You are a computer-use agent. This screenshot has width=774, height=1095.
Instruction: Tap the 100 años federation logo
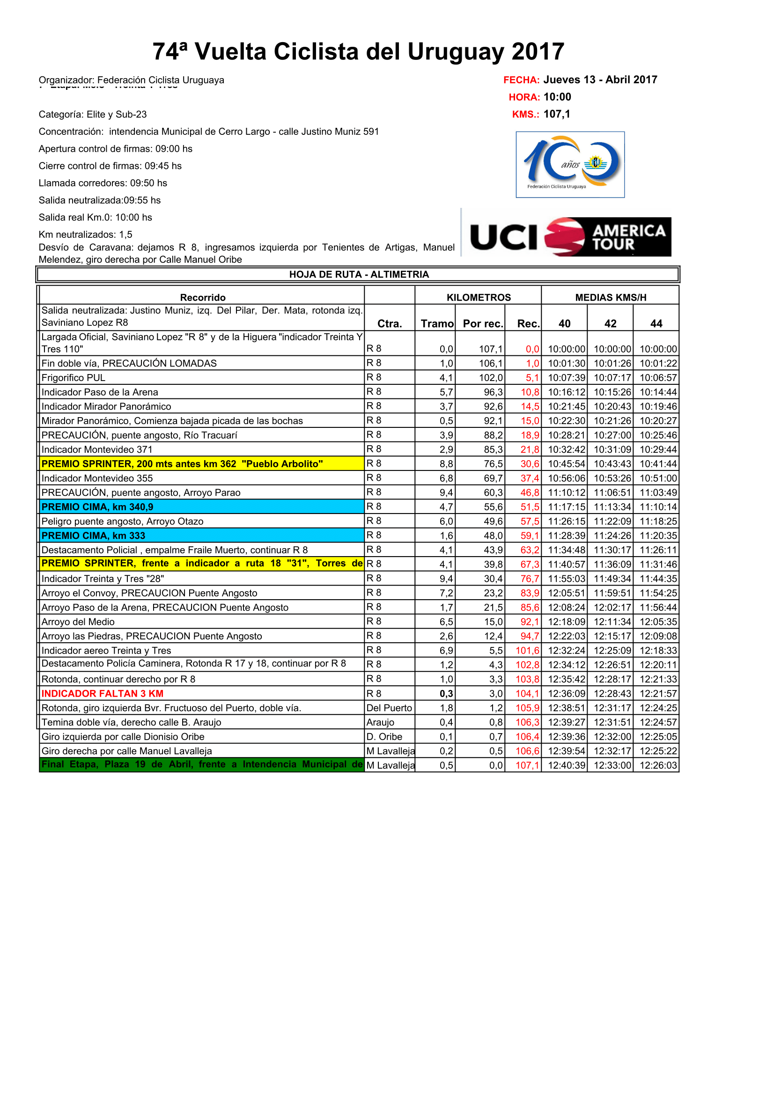[x=570, y=164]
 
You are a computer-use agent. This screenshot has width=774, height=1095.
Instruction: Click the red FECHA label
[x=521, y=80]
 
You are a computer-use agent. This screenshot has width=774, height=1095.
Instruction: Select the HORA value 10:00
[x=557, y=97]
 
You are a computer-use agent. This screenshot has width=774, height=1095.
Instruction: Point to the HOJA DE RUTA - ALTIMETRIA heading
[x=359, y=274]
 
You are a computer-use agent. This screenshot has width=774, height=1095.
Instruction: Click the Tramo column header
[x=437, y=324]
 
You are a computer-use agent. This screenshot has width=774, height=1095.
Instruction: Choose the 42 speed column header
[x=610, y=324]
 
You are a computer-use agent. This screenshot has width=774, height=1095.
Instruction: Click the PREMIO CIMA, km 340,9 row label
[x=97, y=507]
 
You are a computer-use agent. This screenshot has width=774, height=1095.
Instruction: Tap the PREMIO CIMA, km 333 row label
[x=93, y=536]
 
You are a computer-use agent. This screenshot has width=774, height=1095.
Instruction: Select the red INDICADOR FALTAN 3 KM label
[x=102, y=693]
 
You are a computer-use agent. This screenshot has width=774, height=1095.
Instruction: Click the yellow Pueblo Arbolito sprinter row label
[x=182, y=464]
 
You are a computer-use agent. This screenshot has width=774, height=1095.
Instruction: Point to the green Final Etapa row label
[x=202, y=764]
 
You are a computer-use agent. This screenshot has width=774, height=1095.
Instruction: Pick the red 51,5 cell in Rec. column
[x=530, y=507]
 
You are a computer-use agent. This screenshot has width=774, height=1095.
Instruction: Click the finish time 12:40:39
[x=566, y=765]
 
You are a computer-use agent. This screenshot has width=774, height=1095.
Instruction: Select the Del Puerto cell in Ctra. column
[x=389, y=708]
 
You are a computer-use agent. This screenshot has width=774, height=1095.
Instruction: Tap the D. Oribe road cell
[x=384, y=737]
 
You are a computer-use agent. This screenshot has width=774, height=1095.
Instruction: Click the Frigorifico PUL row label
[x=74, y=378]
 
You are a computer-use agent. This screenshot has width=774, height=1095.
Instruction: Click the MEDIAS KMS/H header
[x=611, y=298]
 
